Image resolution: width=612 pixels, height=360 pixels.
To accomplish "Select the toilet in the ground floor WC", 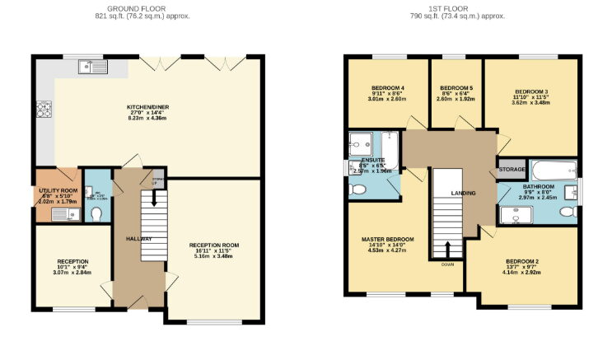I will tap(96, 213).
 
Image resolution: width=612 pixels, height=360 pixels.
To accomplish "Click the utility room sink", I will tap(61, 214).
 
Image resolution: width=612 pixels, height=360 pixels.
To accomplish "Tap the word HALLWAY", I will tap(139, 238).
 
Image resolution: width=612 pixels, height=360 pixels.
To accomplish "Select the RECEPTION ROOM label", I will tap(213, 245).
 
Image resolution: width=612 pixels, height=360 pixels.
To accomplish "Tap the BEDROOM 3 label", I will tap(531, 91).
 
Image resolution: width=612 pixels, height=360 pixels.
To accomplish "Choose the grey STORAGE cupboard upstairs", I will tap(511, 169).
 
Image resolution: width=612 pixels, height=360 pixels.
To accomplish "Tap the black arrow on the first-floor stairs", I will tap(447, 248).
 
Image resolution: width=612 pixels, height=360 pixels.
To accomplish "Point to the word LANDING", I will tap(463, 193).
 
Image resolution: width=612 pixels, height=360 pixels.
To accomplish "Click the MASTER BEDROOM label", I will tap(387, 239).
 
